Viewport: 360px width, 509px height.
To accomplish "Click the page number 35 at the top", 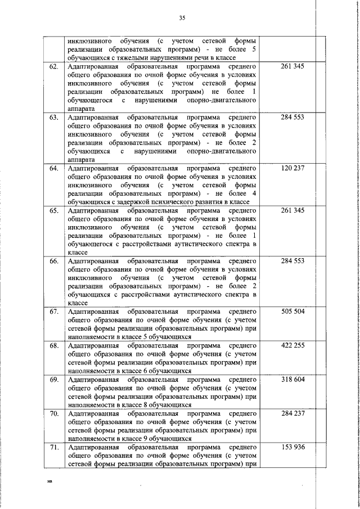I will click(x=182, y=18).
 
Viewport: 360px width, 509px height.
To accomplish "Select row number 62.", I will click(x=55, y=67).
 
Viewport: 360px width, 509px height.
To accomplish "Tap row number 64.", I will click(x=55, y=168).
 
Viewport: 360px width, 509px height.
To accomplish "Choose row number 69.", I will click(x=55, y=380).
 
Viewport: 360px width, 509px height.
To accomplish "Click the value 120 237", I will click(x=292, y=168).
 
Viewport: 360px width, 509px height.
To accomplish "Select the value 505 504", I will click(x=292, y=312).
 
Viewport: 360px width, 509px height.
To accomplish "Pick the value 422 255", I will click(x=292, y=346).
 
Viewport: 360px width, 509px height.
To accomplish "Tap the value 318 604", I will click(x=292, y=380).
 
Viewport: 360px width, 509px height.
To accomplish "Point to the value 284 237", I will click(x=292, y=413).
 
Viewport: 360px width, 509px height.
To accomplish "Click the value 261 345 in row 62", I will click(x=292, y=67).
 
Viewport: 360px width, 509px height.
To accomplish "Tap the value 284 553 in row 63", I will click(x=292, y=118).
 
